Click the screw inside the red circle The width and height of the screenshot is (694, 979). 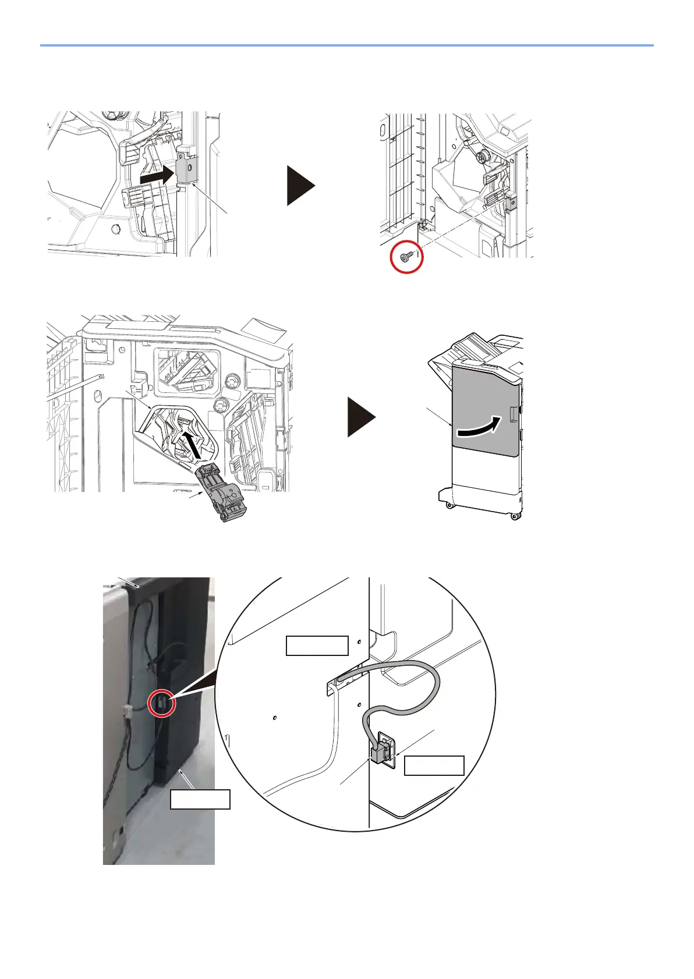(x=405, y=257)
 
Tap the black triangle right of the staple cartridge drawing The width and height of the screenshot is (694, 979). (x=362, y=416)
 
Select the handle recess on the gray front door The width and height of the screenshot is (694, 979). (x=512, y=413)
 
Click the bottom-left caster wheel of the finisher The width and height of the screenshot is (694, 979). (x=448, y=505)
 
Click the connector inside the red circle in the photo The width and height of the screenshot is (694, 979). (x=161, y=704)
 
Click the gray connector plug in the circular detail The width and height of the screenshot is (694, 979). (x=380, y=754)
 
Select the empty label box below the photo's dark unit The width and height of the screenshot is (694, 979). (x=200, y=799)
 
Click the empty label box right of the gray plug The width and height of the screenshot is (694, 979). (x=434, y=765)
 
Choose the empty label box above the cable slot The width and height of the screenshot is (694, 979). (x=317, y=645)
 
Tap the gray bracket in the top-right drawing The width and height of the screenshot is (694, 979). (x=512, y=203)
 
